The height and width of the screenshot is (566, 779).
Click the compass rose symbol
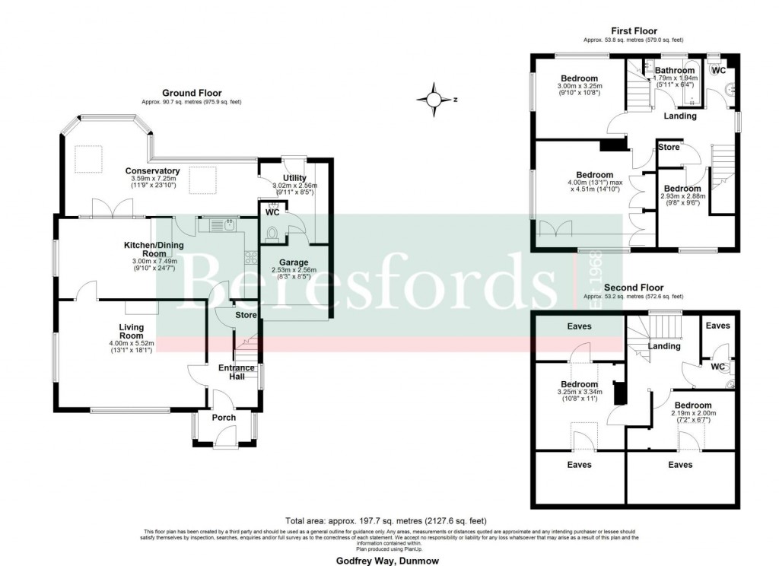click(x=434, y=99)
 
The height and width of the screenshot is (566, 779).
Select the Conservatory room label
click(x=152, y=171)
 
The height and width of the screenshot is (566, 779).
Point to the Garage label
click(x=293, y=262)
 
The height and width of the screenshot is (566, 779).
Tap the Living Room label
click(x=131, y=332)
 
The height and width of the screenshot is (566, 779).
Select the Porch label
click(x=224, y=418)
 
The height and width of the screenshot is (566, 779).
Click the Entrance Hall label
click(x=237, y=372)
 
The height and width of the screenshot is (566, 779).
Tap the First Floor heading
click(x=634, y=31)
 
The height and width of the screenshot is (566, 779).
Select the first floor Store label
click(x=669, y=147)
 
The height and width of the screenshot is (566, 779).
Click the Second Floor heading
click(x=633, y=288)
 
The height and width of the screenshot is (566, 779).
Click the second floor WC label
click(x=717, y=367)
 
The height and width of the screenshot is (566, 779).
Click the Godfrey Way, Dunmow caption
click(x=388, y=558)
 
